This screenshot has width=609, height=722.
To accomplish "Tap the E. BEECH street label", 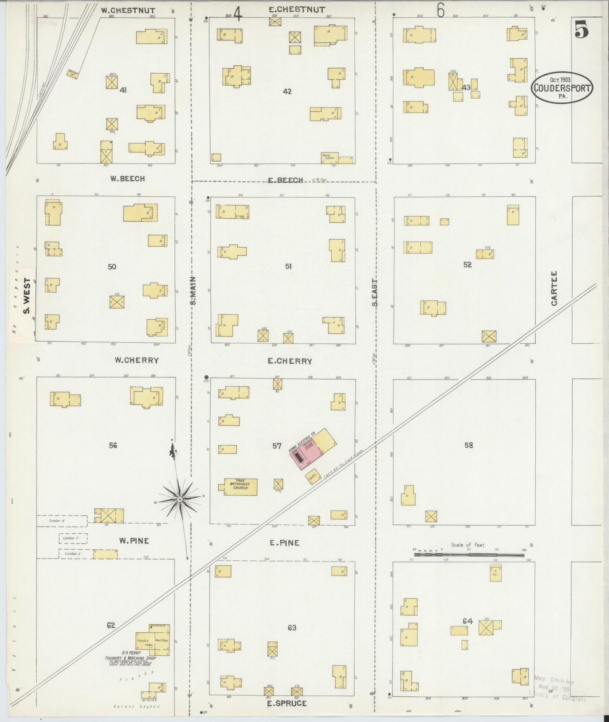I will point(285,180).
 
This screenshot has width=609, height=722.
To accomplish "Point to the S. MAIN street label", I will point(193,291).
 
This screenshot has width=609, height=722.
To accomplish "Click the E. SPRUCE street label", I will point(287,703).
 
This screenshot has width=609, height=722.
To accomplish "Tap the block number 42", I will point(287,91).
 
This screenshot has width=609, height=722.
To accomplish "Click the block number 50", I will point(112,266).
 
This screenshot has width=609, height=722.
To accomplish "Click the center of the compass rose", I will point(180,499).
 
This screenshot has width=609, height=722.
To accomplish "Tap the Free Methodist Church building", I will point(240,487).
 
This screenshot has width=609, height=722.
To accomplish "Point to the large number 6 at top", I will point(440,11).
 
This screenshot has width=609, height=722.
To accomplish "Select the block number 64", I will point(467,621).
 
